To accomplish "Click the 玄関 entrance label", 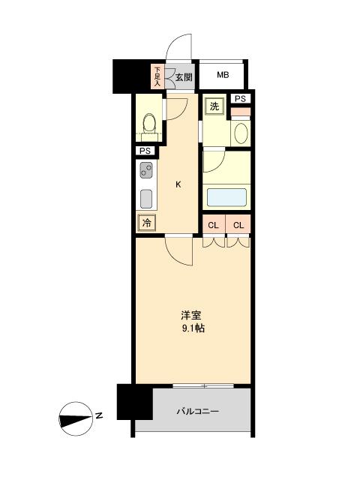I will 184,76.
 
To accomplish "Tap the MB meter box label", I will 223,75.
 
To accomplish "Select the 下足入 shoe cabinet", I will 158,76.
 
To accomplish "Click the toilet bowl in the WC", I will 148,124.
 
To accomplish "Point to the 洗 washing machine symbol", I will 214,106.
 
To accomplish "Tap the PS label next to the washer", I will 240,99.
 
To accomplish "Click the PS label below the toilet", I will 144,150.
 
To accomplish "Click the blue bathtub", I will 226,197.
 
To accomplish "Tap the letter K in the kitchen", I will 178,184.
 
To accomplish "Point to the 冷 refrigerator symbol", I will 146,222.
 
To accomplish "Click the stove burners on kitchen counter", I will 145,172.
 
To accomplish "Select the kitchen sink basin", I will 146,199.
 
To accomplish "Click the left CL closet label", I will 214,225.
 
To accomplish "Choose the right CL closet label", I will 238,225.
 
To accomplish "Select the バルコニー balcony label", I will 198,411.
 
